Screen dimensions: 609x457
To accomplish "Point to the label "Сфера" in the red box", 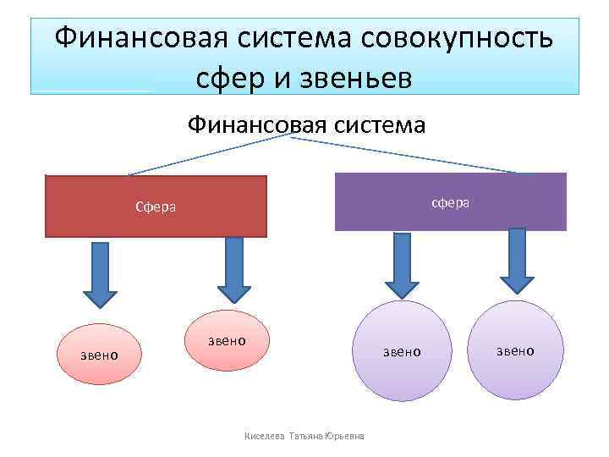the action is click(x=156, y=206).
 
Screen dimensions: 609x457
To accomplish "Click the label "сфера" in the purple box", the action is click(x=451, y=203).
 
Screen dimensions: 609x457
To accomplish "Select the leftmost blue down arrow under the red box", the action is click(x=101, y=271).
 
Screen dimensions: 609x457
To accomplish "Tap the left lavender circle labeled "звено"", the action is click(x=401, y=350).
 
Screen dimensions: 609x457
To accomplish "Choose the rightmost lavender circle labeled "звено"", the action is click(x=514, y=350).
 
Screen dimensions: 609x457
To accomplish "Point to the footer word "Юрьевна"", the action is click(x=344, y=437).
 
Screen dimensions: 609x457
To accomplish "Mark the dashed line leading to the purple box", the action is click(x=406, y=155).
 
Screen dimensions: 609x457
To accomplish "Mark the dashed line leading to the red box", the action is click(x=211, y=156).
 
